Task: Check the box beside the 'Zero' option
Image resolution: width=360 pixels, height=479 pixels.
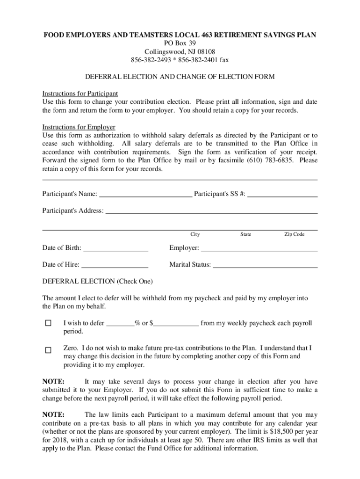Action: pyautogui.click(x=48, y=350)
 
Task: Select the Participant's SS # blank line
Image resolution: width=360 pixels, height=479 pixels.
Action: pyautogui.click(x=282, y=194)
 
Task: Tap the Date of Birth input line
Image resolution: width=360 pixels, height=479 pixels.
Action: pyautogui.click(x=115, y=247)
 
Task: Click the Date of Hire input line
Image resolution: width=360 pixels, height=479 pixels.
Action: pyautogui.click(x=115, y=265)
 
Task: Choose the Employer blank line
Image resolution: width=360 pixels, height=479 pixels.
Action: pyautogui.click(x=259, y=247)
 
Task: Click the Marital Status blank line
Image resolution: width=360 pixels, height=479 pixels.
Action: pyautogui.click(x=265, y=265)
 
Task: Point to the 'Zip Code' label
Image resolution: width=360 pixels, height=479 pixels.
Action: pyautogui.click(x=294, y=234)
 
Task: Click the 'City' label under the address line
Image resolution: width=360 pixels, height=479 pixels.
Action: pyautogui.click(x=195, y=234)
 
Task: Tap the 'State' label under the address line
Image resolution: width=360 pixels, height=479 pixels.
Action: pyautogui.click(x=245, y=234)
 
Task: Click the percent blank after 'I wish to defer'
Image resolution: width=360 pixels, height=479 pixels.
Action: pyautogui.click(x=121, y=323)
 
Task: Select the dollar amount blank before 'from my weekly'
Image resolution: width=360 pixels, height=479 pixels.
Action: pyautogui.click(x=176, y=323)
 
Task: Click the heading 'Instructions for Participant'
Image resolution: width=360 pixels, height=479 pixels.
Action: pyautogui.click(x=80, y=93)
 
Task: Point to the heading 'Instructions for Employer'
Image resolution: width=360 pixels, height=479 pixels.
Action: pyautogui.click(x=79, y=127)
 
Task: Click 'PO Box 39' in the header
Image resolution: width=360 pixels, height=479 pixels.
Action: pyautogui.click(x=180, y=43)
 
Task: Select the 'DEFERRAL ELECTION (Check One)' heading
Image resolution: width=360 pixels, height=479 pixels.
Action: pyautogui.click(x=97, y=282)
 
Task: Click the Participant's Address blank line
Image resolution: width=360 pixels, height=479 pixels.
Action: pyautogui.click(x=211, y=210)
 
